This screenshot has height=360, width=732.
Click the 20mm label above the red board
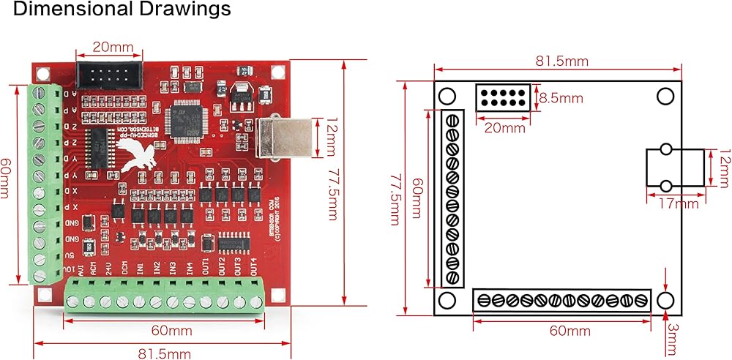[x=113, y=48]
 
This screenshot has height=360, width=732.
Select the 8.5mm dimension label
[x=561, y=97]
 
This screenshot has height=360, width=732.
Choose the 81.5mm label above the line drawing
[x=561, y=61]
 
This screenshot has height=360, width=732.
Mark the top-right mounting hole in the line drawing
[x=665, y=97]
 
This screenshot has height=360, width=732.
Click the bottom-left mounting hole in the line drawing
[x=446, y=301]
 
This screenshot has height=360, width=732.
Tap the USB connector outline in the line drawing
[x=675, y=168]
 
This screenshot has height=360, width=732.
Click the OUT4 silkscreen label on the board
[x=254, y=264]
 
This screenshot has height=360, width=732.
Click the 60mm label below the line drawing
[x=569, y=331]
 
